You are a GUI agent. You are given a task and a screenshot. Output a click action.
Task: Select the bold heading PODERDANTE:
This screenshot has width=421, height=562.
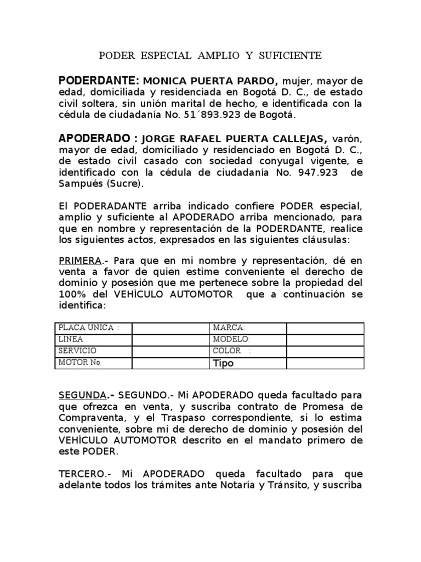coord(94,81)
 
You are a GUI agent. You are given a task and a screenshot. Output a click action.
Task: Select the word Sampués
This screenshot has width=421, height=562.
coord(81,184)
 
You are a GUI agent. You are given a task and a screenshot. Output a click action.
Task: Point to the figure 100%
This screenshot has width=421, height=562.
coord(71,294)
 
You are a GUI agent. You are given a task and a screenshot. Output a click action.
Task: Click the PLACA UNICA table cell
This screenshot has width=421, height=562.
coord(93,328)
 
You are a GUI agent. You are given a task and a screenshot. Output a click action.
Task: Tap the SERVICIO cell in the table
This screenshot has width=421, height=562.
coord(93,351)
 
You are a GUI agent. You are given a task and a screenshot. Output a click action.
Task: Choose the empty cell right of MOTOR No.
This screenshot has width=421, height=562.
coord(170,363)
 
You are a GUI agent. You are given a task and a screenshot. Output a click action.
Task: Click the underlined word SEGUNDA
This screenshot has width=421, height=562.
coord(82,395)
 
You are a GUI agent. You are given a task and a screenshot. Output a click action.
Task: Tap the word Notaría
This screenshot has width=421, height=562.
coord(252,485)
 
